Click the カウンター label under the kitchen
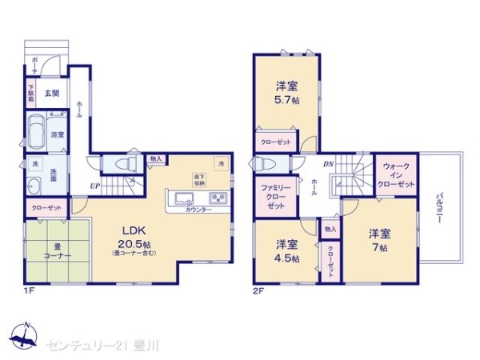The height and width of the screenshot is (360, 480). [x=198, y=209]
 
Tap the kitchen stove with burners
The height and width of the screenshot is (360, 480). [x=218, y=198]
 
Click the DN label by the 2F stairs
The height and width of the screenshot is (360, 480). [x=327, y=165]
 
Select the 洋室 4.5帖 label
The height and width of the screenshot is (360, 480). [x=287, y=251]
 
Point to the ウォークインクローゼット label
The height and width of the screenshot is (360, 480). [x=398, y=176]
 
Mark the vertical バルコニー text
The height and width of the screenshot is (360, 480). [x=439, y=207]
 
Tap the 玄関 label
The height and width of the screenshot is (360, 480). [x=51, y=93]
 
